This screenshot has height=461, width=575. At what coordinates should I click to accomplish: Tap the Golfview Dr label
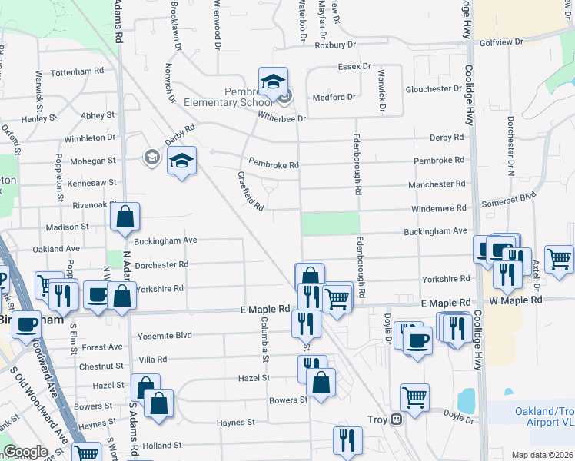pos(501,41)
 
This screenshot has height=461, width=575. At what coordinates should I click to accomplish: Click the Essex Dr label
pos(354,67)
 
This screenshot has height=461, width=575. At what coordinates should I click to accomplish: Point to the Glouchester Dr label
pos(418,89)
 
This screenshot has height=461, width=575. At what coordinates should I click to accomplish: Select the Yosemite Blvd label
pos(164,337)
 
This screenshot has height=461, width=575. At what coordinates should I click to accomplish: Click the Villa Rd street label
pos(152,360)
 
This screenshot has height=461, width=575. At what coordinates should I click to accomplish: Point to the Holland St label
pos(161,445)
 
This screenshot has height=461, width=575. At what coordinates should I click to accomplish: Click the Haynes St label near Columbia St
pos(235,423)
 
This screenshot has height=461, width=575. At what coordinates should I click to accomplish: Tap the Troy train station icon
pos(397,420)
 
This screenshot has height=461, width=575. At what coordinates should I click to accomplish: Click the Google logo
pos(25,452)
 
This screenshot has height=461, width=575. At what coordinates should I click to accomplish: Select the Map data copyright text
pos(543,455)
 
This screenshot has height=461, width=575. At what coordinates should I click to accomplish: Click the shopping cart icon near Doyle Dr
pos(414,397)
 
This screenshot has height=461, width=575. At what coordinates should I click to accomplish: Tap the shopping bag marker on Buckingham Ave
pos(125,218)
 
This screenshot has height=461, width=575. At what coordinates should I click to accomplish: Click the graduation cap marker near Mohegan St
pos(181,161)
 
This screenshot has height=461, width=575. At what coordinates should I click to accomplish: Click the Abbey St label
pos(97,115)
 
